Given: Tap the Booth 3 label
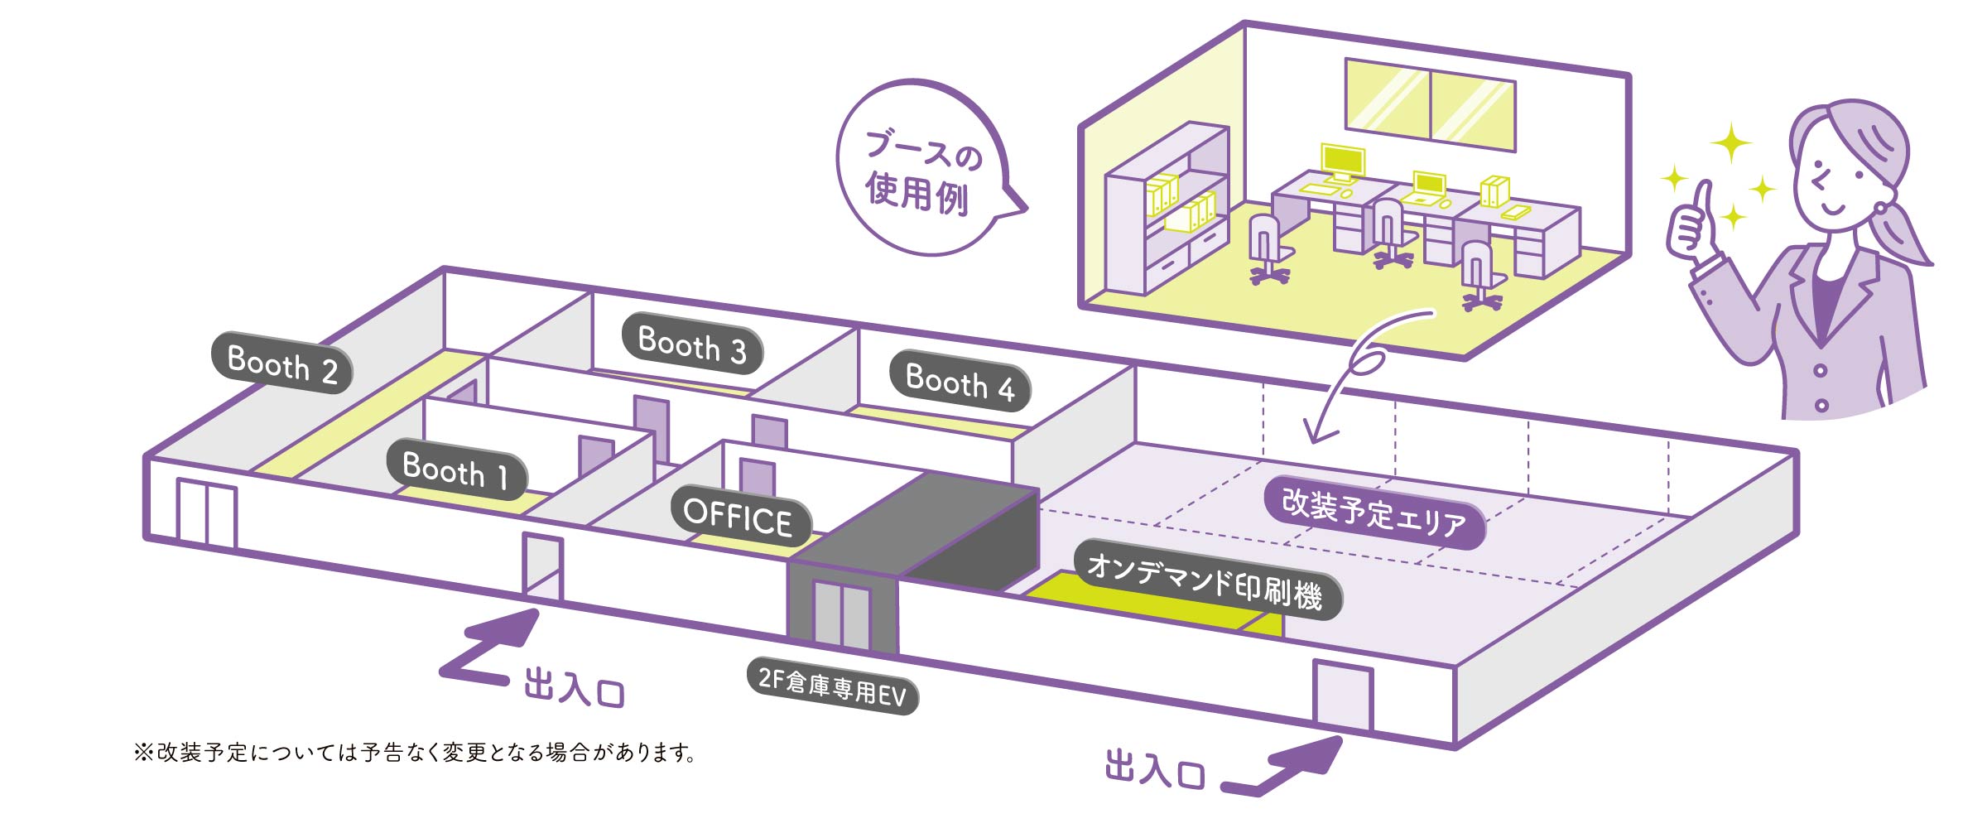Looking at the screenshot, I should point(692,344).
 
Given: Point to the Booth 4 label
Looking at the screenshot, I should point(960,382).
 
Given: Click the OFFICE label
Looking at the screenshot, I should point(739,517).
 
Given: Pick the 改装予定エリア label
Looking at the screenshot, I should point(1374,512).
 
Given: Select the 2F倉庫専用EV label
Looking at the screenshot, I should point(832,686).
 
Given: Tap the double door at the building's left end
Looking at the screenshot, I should point(206,513).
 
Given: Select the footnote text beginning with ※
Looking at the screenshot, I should point(414,753).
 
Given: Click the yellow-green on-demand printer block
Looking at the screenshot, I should point(1151,604).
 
